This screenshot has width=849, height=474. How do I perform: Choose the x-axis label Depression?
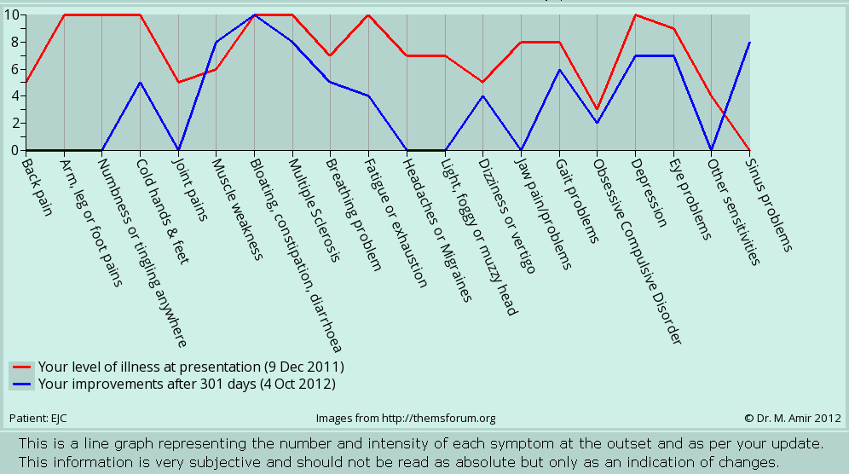click(x=650, y=192)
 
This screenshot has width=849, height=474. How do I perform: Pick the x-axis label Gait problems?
click(x=579, y=200)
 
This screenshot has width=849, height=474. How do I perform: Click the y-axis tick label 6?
click(x=14, y=69)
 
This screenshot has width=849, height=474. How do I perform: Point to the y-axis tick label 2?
click(x=14, y=123)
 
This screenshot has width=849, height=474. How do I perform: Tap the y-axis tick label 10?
click(x=10, y=14)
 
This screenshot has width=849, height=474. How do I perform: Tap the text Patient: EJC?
click(x=38, y=419)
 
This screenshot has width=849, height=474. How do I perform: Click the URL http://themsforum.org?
click(x=440, y=419)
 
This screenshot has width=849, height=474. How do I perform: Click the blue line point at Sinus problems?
click(x=749, y=42)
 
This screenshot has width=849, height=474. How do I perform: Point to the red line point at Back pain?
click(x=26, y=83)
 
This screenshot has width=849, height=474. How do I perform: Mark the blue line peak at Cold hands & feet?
click(x=140, y=83)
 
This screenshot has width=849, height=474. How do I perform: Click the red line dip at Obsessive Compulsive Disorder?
click(x=598, y=109)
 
